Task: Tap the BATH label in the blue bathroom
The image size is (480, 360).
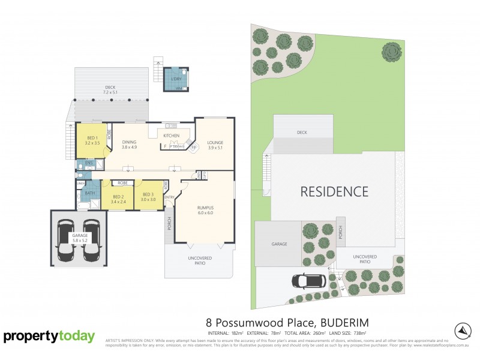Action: (90, 193)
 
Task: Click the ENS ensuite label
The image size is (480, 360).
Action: (88, 163)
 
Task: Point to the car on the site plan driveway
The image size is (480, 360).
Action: (309, 280)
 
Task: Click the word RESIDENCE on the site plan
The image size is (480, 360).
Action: (334, 192)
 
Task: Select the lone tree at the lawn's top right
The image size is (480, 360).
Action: (391, 52)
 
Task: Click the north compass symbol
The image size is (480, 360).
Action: (463, 330)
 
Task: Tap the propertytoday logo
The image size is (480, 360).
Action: (49, 336)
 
